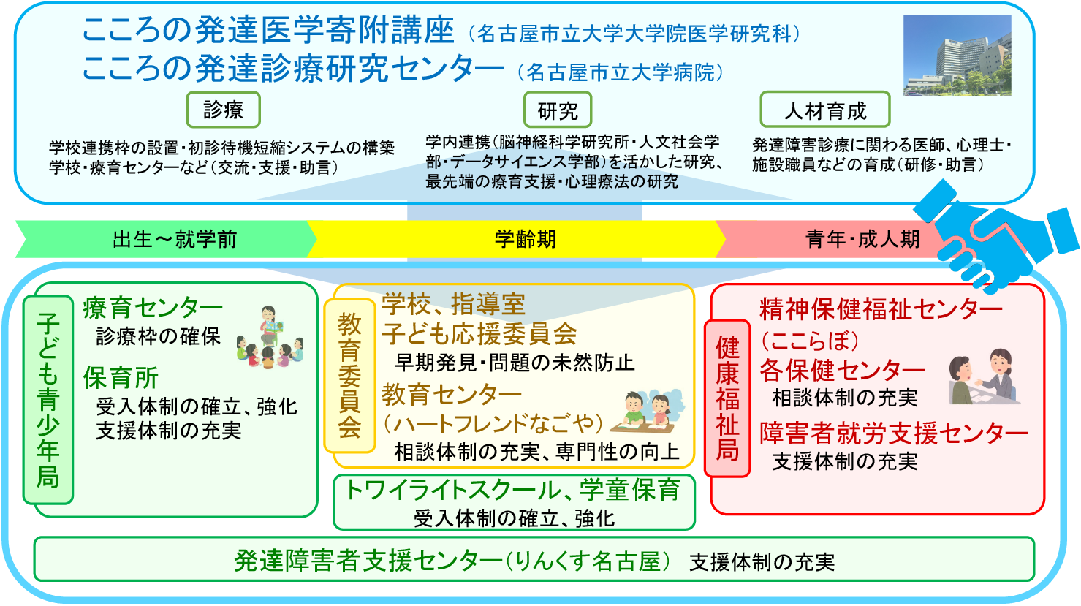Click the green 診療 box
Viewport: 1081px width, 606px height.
[223, 110]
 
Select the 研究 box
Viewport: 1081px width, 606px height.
[557, 110]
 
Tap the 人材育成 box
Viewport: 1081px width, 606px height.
[824, 110]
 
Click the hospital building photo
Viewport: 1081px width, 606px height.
[957, 56]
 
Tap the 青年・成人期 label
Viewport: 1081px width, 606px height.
[862, 239]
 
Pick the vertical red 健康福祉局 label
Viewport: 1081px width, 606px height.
[727, 398]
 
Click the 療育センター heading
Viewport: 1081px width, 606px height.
[153, 308]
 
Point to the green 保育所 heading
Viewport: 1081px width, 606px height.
[121, 378]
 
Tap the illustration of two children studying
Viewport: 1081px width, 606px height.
[647, 413]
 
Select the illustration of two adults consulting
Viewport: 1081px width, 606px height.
[985, 377]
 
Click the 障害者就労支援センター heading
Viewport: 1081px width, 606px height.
[893, 433]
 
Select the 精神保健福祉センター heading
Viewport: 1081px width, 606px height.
[881, 309]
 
